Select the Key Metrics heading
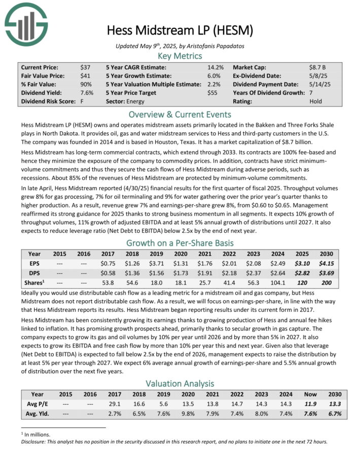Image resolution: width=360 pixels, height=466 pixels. click(180, 56)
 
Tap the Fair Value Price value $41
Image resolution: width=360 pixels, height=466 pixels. click(85, 76)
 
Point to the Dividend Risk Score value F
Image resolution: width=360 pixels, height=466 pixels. click(82, 101)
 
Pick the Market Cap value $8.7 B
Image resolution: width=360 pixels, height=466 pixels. click(318, 67)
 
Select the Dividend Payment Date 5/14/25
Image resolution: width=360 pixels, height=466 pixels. click(319, 84)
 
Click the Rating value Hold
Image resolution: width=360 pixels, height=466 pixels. click(315, 101)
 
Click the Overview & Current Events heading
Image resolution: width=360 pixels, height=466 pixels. click(180, 114)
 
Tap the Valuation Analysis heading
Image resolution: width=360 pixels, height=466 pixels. click(180, 384)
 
